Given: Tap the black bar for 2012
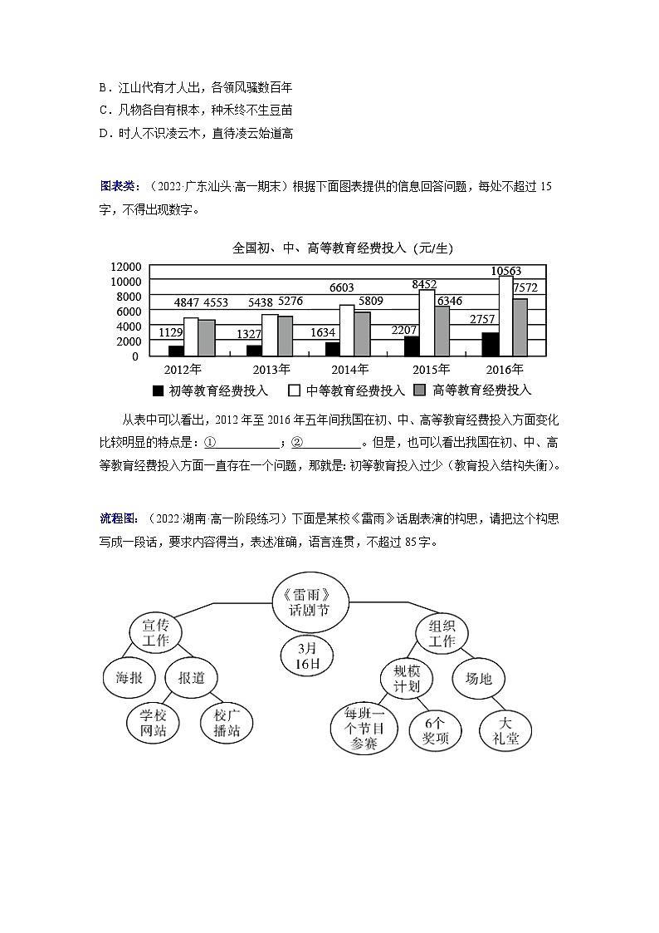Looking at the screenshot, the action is (175, 351).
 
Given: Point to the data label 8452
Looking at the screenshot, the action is (424, 285).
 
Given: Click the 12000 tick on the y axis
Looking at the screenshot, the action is (124, 267).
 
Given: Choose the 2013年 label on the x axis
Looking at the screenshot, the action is (271, 370).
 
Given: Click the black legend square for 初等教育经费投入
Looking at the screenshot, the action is (158, 390).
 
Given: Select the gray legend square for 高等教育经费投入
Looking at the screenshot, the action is (419, 390).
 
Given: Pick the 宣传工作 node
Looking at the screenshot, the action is (155, 632).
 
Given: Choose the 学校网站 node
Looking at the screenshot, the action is (154, 723).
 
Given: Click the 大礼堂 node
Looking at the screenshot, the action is (505, 730).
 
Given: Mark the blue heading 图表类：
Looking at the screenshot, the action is (119, 185).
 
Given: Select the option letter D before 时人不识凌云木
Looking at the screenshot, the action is (104, 133).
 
